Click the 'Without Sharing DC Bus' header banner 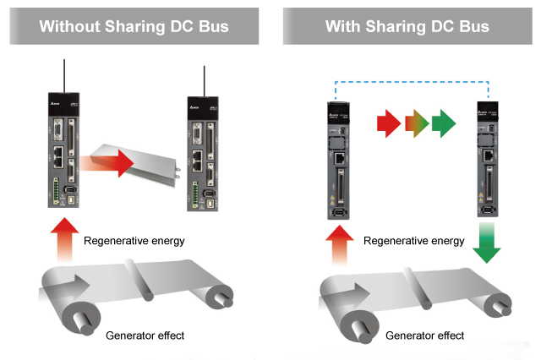point(134,26)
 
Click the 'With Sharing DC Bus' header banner point(407,26)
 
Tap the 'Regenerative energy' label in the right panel point(414,241)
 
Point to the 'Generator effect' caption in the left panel point(145,335)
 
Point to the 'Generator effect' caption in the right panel point(424,335)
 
